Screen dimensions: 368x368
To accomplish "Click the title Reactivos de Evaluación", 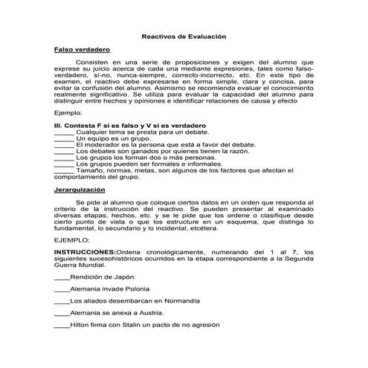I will [184, 36].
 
